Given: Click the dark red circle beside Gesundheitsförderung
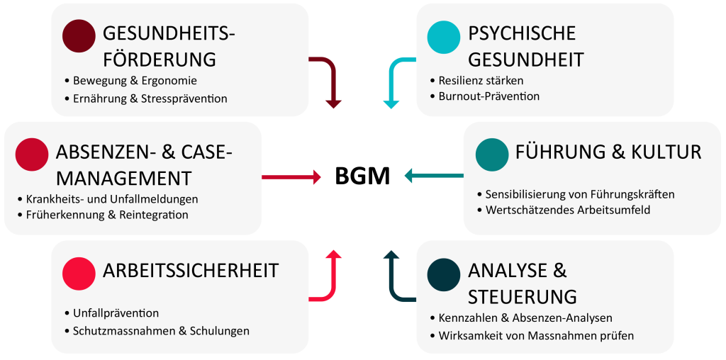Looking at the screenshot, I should point(79,36).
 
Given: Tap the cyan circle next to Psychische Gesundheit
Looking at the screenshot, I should point(444,36).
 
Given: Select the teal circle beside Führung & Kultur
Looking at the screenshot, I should point(492,154).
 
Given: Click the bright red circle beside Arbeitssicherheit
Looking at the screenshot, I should point(79,273).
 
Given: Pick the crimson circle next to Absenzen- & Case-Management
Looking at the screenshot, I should point(31,154).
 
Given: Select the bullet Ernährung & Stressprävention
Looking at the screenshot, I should point(150,99).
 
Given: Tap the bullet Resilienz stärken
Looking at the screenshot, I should point(481,81).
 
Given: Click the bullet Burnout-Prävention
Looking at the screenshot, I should point(488,96).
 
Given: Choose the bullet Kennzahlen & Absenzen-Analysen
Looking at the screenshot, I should point(525,317).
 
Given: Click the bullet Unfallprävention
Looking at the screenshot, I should point(116,313).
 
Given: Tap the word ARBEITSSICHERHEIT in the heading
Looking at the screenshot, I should point(191,271).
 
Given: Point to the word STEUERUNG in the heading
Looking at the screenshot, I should point(522,296).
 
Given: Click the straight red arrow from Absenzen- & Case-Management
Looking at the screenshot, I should point(291,177).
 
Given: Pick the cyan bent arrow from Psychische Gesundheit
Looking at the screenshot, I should point(393,79).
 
